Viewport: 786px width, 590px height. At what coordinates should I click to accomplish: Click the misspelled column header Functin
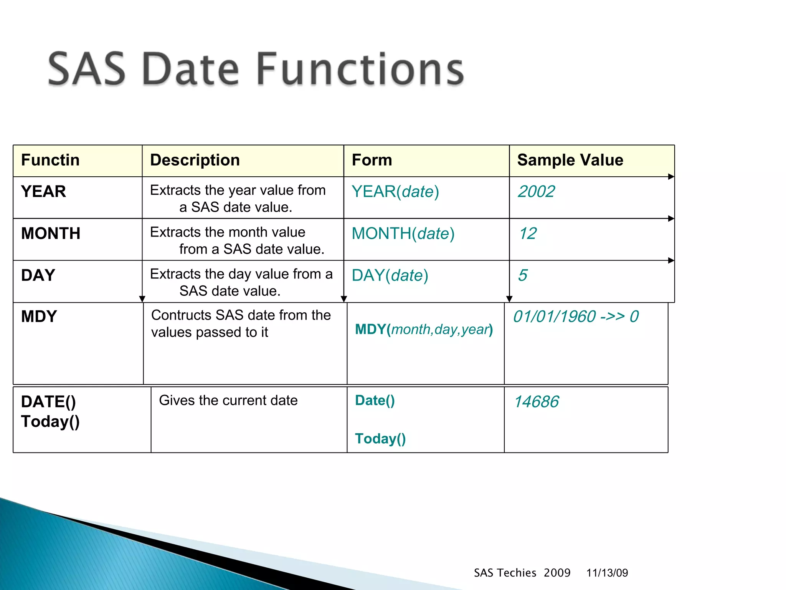coord(50,160)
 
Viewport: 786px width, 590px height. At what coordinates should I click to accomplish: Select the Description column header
coord(195,160)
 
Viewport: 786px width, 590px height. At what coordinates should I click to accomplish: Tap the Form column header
coord(372,160)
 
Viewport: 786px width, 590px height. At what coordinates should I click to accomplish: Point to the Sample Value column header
coord(570,160)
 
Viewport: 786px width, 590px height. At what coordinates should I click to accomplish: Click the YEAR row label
coord(43,192)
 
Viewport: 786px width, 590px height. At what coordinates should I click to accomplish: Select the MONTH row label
coord(51,234)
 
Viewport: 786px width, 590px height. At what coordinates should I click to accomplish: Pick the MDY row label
coord(39,317)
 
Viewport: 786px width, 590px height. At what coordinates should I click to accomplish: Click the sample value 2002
coord(536,192)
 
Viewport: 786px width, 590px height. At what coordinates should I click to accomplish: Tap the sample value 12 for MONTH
coord(528,234)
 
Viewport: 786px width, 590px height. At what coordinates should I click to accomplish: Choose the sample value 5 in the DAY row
coord(523,275)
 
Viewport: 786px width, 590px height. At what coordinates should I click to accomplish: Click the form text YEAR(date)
coord(395,192)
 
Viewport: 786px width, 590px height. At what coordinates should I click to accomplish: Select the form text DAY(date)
coord(390,275)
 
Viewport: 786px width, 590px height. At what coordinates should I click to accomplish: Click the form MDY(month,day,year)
coord(424,330)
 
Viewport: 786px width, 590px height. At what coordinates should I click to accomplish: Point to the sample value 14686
coord(536,402)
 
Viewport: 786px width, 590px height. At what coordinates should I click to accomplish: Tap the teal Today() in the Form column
coord(380,439)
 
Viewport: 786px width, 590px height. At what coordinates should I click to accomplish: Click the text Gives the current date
coord(228,401)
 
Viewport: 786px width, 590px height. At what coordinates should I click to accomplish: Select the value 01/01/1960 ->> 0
coord(576,317)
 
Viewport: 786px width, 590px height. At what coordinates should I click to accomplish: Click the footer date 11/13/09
coord(607,573)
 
